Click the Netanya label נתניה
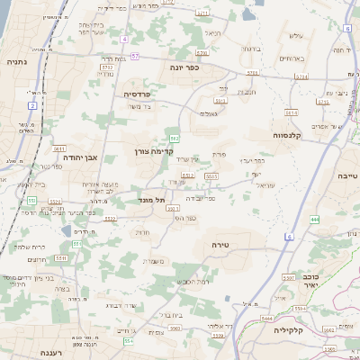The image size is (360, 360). tap(17, 63)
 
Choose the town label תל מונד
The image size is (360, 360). tap(151, 201)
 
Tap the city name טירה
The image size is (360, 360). tap(222, 244)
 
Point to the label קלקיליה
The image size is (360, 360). tap(291, 330)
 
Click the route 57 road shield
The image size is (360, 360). tap(136, 56)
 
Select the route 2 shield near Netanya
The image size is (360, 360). tap(33, 105)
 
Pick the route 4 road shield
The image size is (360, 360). tap(125, 40)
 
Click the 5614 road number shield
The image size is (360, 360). tap(291, 112)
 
